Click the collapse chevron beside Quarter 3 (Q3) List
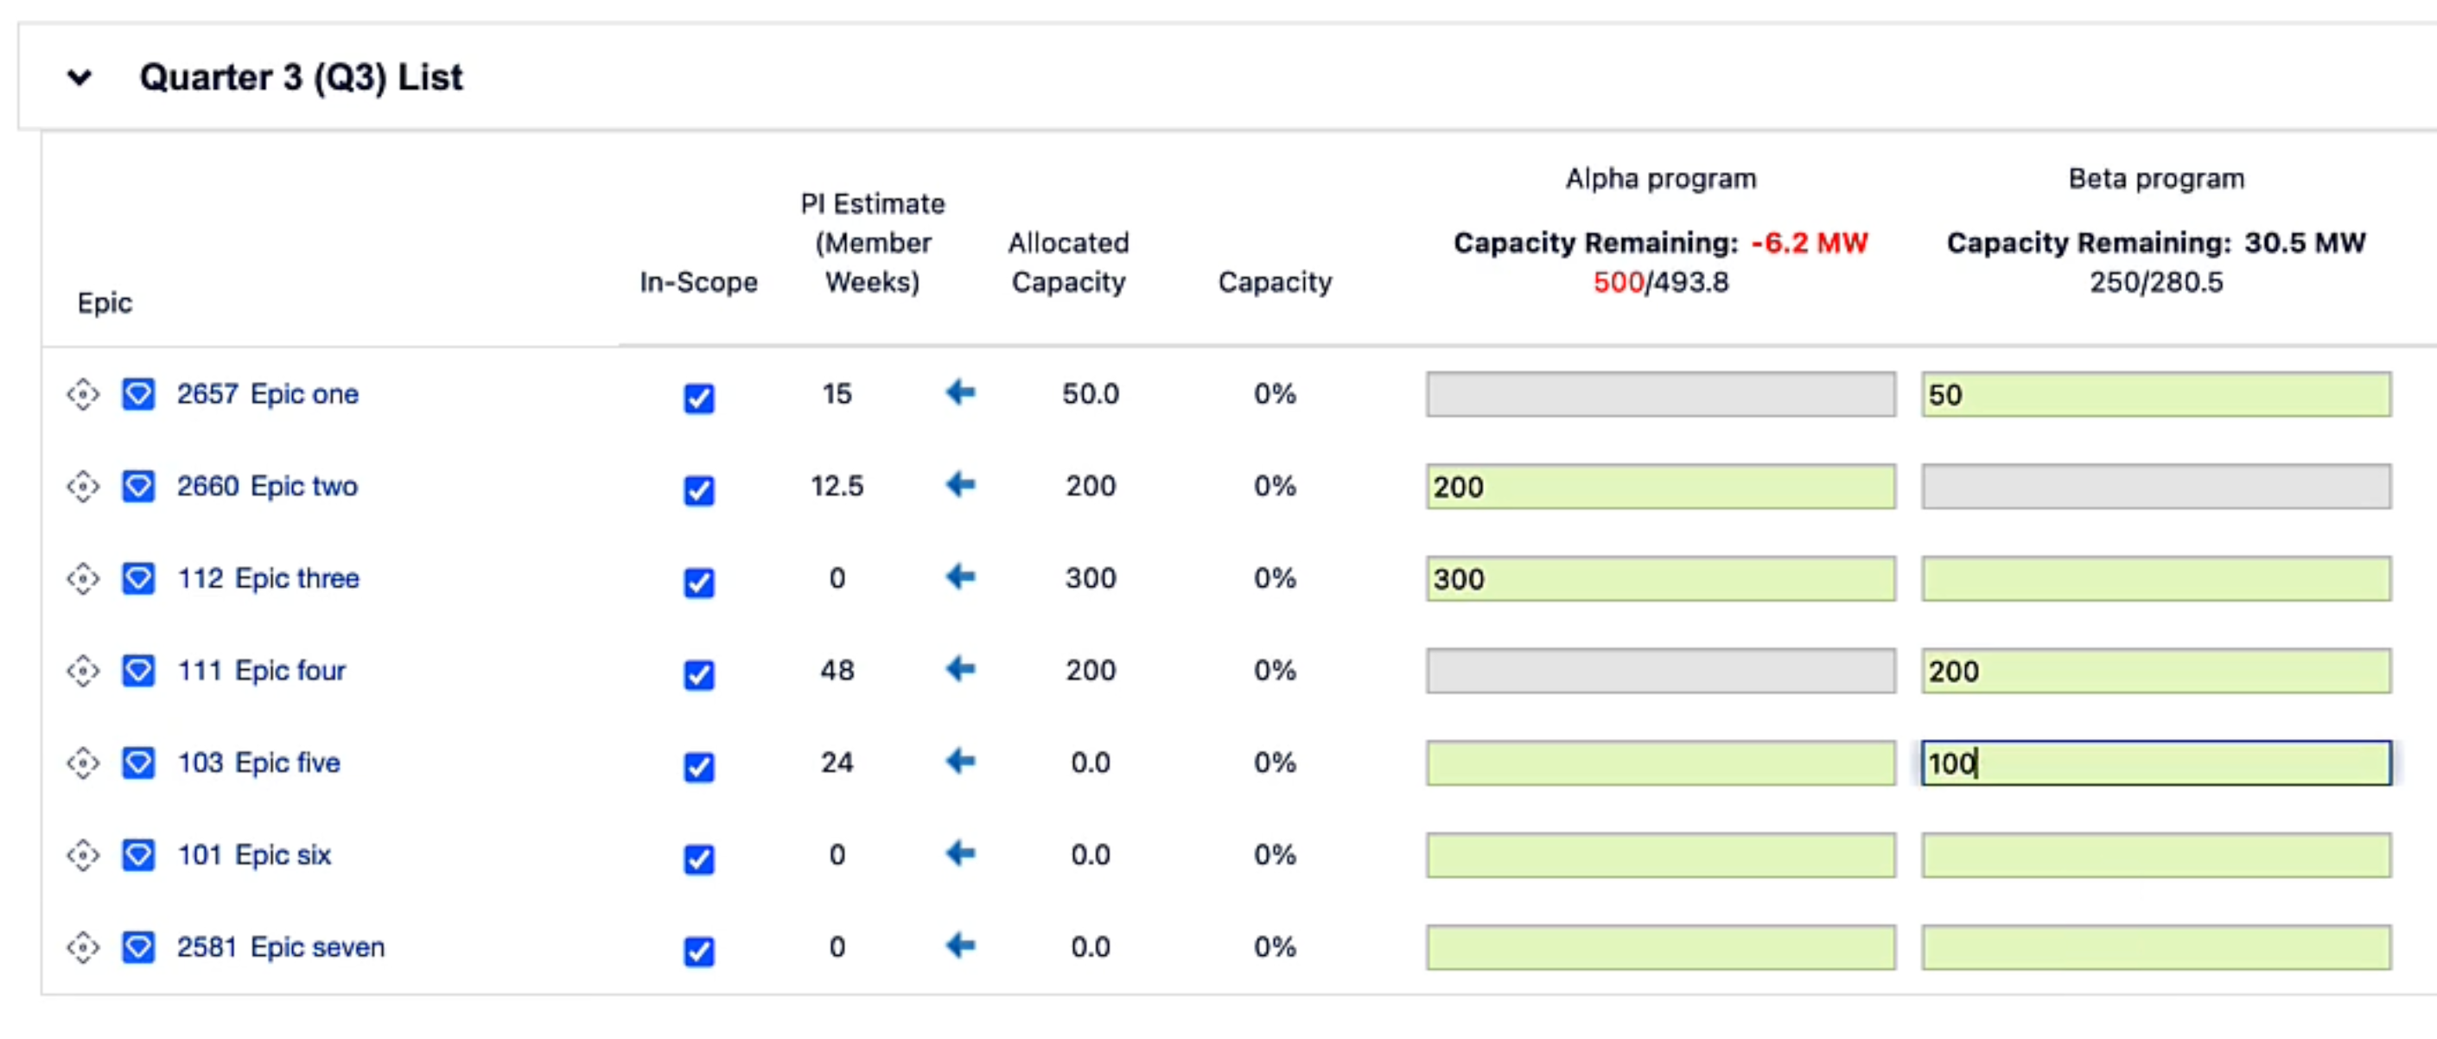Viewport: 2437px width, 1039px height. coord(80,78)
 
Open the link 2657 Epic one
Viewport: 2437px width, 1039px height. coord(267,393)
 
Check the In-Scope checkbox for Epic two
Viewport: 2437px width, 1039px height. coord(698,490)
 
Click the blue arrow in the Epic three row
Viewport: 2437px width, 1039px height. coord(960,577)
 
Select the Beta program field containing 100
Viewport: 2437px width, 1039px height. coord(2155,762)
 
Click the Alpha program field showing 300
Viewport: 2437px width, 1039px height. coord(1659,578)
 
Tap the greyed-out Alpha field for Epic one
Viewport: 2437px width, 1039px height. coord(1659,393)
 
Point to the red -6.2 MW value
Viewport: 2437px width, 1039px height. coord(1808,243)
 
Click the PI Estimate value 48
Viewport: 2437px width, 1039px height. coord(837,670)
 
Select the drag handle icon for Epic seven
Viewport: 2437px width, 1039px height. coord(83,947)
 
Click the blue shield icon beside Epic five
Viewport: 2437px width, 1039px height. coord(138,762)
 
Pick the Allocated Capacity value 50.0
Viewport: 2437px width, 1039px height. coord(1090,393)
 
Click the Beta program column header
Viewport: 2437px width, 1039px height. coord(2155,179)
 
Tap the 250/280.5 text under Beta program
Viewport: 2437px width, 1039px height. coord(2155,282)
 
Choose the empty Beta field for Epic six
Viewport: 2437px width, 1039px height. coord(2155,855)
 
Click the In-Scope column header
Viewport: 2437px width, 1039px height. coord(698,282)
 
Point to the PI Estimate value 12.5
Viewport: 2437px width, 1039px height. coord(837,487)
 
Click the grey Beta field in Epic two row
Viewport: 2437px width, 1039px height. coord(2155,487)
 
